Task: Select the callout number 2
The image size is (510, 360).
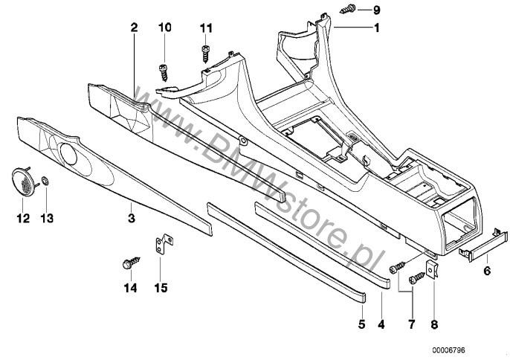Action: pos(134,28)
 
